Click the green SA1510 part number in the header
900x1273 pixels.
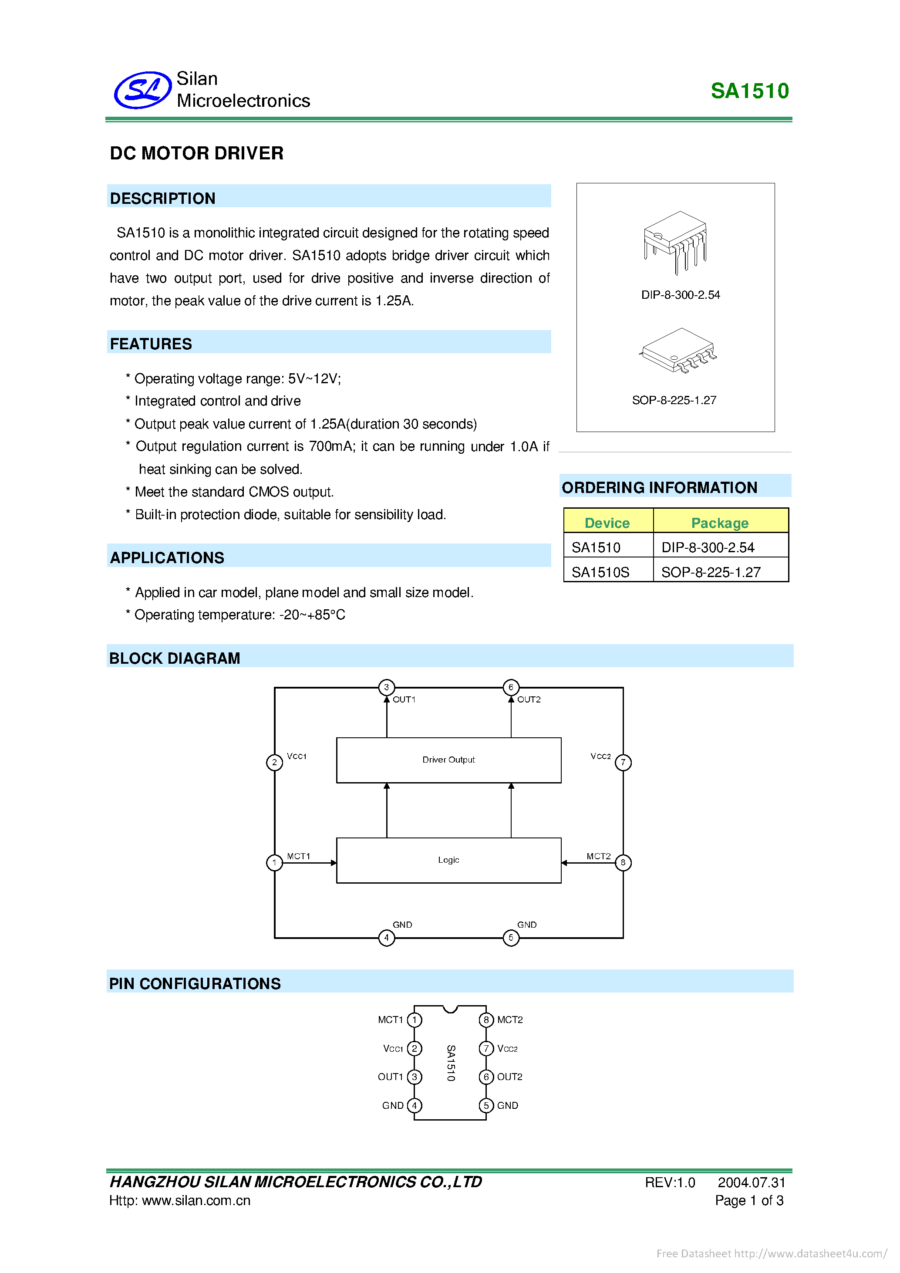tap(749, 91)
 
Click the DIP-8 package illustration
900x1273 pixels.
tap(676, 242)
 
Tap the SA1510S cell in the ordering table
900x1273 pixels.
tap(600, 572)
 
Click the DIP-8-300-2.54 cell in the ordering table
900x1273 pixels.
tap(708, 547)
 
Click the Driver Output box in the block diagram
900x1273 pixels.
tap(448, 760)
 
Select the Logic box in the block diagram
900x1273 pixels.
tap(448, 860)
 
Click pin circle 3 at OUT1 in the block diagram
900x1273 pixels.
tap(386, 687)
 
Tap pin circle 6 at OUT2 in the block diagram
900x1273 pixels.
tap(510, 687)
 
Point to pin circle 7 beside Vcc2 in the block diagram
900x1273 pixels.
tap(623, 762)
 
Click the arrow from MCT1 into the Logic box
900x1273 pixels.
tap(310, 863)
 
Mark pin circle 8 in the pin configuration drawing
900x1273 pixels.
tap(486, 1020)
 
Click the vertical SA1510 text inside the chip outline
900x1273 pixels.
tap(451, 1062)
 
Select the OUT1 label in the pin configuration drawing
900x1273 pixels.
tap(390, 1077)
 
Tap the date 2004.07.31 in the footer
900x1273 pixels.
tap(751, 1182)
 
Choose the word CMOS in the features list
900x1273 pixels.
tap(269, 492)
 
